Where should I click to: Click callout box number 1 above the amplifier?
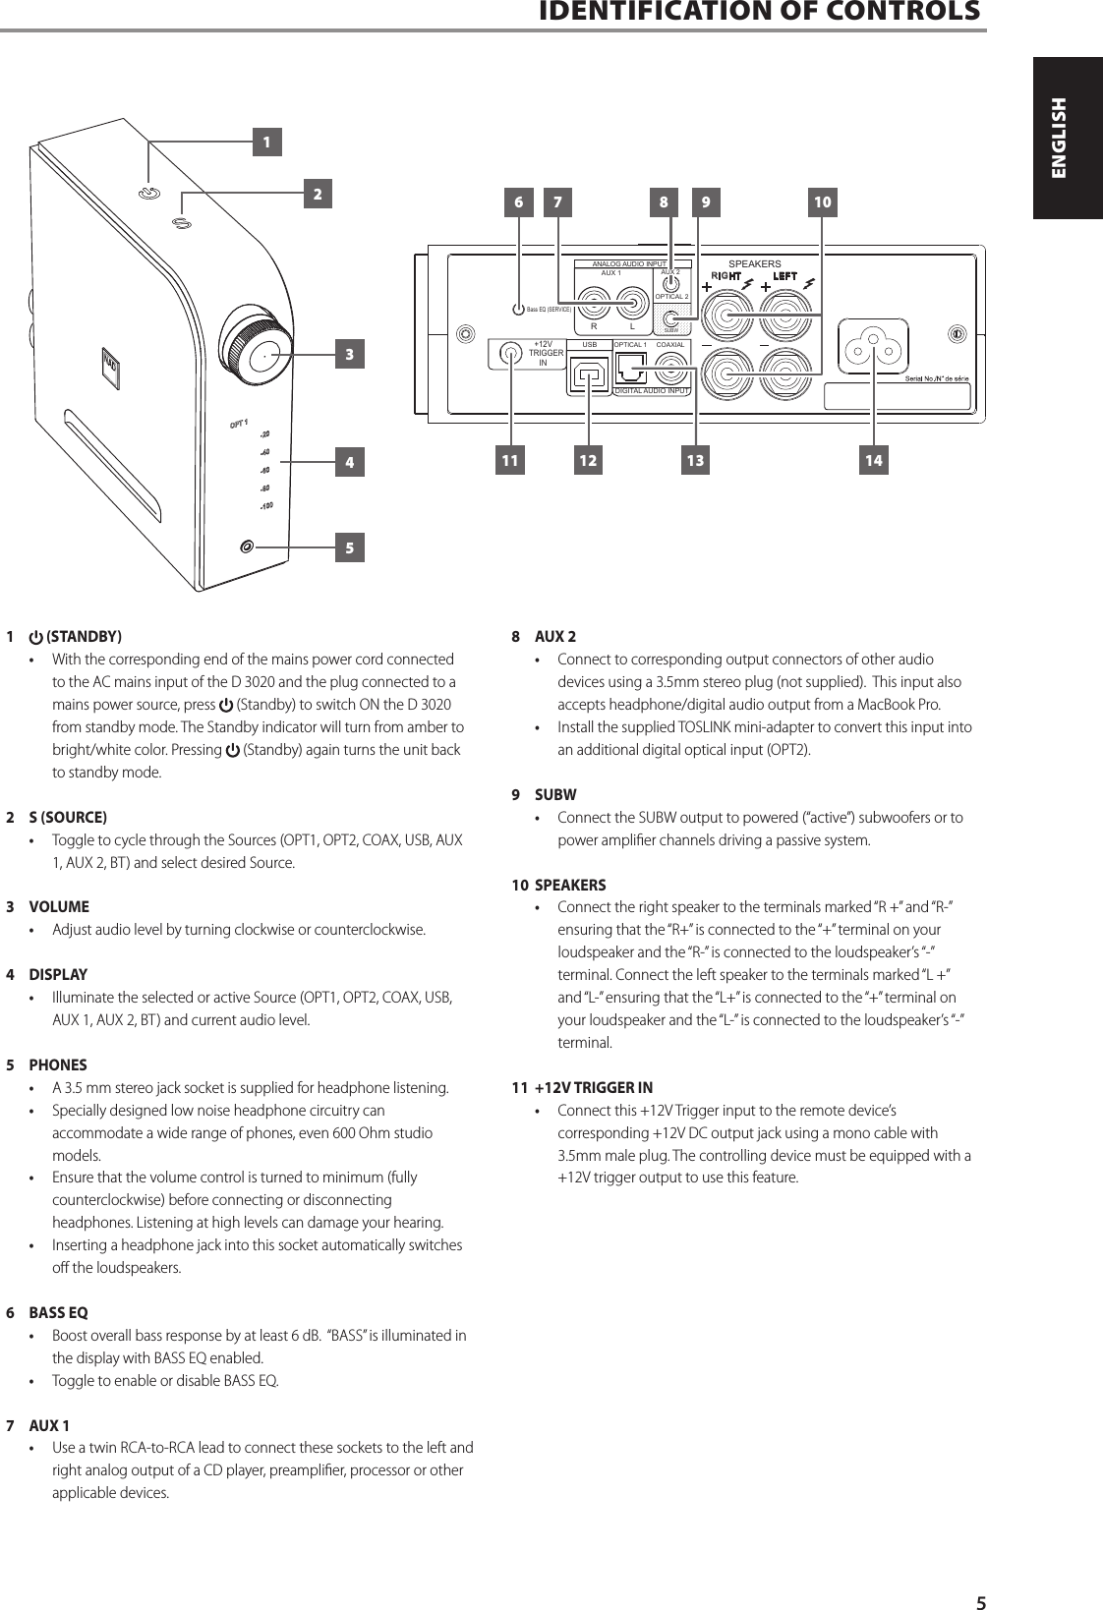264,142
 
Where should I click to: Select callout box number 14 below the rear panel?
872,460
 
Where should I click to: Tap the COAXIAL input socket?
671,371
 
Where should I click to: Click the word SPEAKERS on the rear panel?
754,264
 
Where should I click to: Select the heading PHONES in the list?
58,1064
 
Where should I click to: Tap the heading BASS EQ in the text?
58,1312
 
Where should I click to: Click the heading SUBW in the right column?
555,794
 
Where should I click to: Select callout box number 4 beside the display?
348,462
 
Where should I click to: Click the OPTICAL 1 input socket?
629,372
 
